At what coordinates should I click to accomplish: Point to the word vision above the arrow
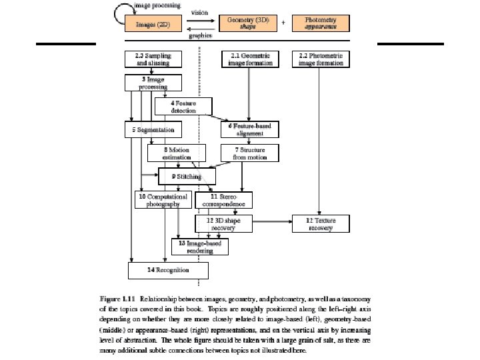(200, 12)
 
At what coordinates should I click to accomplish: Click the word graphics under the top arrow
(200, 35)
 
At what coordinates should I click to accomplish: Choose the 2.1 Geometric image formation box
(249, 60)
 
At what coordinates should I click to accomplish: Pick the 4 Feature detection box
(183, 106)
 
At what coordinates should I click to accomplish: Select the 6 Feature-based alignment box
(249, 129)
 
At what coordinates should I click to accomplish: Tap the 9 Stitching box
(187, 177)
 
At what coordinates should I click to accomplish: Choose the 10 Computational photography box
(163, 200)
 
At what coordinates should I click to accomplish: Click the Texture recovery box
(321, 224)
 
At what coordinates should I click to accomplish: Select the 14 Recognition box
(168, 270)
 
